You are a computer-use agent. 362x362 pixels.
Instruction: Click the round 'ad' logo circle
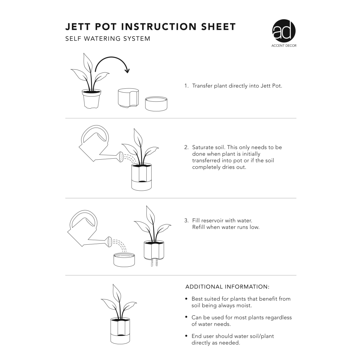coord(284,31)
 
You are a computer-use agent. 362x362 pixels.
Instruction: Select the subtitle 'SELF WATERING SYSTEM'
coord(108,39)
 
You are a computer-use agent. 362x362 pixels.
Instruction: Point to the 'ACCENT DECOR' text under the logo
coord(284,46)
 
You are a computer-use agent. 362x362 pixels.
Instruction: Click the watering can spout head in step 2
coord(121,157)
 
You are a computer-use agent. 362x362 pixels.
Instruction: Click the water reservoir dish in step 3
coord(124,260)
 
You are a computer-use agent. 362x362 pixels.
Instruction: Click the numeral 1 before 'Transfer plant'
coord(186,86)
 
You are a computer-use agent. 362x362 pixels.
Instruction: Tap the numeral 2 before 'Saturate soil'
coord(186,148)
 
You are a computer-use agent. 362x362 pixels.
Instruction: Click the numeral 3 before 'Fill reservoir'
coord(186,221)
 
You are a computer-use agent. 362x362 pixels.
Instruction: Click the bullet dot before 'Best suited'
coord(186,299)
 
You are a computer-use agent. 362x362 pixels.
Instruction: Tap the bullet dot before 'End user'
coord(186,336)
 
